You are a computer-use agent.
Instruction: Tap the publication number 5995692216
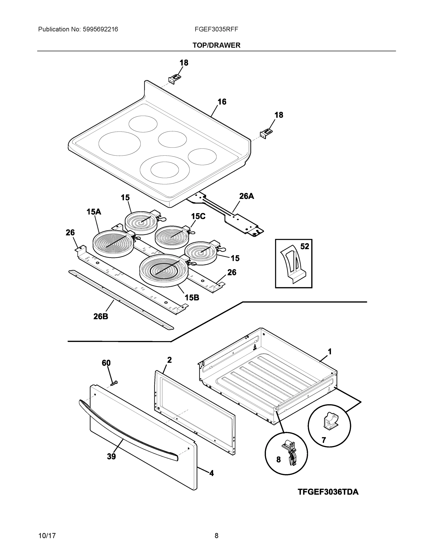point(100,29)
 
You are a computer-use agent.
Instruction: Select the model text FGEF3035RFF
point(216,29)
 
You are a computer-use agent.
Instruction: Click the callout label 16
point(222,102)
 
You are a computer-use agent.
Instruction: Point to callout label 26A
point(246,196)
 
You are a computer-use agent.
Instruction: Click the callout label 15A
point(94,212)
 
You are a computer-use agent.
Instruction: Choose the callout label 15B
point(192,297)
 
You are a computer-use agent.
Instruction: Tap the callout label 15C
point(198,216)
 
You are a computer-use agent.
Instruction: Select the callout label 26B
point(101,317)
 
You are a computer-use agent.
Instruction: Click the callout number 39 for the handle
point(112,457)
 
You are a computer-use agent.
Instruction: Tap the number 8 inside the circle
point(278,460)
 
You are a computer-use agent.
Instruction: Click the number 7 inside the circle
point(324,440)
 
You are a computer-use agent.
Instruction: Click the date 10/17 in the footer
point(47,536)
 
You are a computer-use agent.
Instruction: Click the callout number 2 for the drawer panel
point(169,360)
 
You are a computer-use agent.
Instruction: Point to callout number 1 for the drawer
point(330,352)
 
